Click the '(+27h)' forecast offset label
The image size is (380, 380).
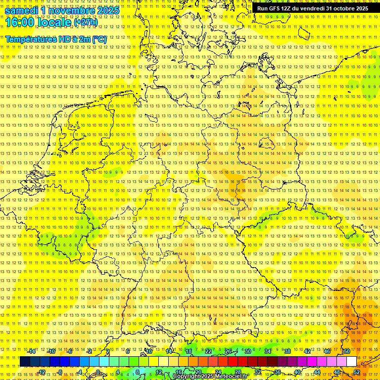click(x=86, y=23)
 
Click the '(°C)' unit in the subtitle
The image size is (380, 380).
click(x=99, y=39)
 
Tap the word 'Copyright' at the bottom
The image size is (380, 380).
click(x=187, y=377)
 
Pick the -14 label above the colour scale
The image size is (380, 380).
click(x=32, y=351)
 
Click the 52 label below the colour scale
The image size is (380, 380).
click(x=357, y=372)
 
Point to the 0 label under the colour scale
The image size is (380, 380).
click(x=98, y=372)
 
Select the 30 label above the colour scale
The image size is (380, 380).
click(x=248, y=351)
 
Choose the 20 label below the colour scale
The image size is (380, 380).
click(x=198, y=372)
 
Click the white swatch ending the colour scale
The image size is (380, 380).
click(x=351, y=362)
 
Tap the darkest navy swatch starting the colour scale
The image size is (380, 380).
click(x=25, y=362)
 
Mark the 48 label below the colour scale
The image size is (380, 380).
click(x=337, y=372)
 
